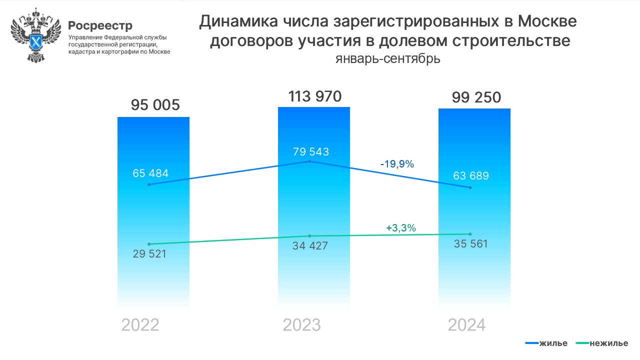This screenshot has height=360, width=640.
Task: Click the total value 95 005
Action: pyautogui.click(x=155, y=105)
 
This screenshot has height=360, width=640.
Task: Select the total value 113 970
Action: pyautogui.click(x=314, y=96)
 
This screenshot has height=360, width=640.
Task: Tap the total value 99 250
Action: pyautogui.click(x=476, y=97)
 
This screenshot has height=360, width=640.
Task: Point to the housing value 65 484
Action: pyautogui.click(x=150, y=173)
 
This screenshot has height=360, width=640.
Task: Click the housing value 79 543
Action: pyautogui.click(x=311, y=151)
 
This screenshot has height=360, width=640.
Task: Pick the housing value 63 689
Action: pyautogui.click(x=471, y=176)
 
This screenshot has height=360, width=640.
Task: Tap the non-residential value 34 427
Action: pyautogui.click(x=310, y=246)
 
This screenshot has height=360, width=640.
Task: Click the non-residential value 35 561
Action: pyautogui.click(x=470, y=244)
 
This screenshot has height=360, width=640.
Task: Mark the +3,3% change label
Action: pyautogui.click(x=401, y=228)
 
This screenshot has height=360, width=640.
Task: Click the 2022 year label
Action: pyautogui.click(x=140, y=325)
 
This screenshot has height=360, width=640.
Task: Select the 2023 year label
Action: pyautogui.click(x=301, y=325)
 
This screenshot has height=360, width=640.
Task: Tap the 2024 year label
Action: pyautogui.click(x=466, y=325)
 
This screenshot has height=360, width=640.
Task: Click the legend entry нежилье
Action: pyautogui.click(x=601, y=343)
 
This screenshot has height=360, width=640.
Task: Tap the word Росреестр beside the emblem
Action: pyautogui.click(x=100, y=25)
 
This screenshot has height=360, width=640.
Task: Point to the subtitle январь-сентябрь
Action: pyautogui.click(x=388, y=59)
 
